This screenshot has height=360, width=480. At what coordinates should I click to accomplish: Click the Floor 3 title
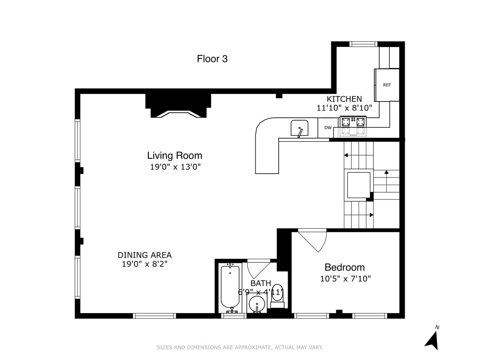tap(212, 59)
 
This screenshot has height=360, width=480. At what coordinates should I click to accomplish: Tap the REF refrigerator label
tap(387, 85)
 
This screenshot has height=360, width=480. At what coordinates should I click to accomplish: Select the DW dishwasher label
tap(328, 128)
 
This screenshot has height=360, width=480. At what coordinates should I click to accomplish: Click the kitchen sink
tap(300, 129)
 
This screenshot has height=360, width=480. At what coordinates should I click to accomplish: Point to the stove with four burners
tap(353, 126)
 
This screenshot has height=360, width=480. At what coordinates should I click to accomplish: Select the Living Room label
tap(175, 156)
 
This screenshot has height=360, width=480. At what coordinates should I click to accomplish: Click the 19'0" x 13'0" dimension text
tap(175, 167)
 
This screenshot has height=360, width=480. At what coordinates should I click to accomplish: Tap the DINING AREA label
tap(145, 255)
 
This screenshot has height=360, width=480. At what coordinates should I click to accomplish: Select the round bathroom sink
tap(257, 305)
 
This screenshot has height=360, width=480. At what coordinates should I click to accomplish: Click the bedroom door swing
tap(313, 239)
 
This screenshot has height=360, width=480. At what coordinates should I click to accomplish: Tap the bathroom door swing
tap(259, 268)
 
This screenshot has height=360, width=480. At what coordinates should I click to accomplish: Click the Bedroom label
tap(345, 267)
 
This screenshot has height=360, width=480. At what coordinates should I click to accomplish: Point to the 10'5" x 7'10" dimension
tap(345, 279)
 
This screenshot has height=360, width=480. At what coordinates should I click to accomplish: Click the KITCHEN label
tap(344, 99)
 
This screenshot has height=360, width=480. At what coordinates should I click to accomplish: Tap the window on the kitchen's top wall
tap(363, 44)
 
